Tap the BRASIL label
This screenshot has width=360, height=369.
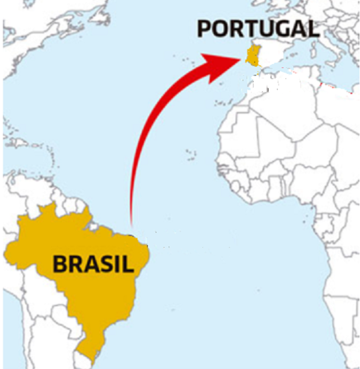94,264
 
